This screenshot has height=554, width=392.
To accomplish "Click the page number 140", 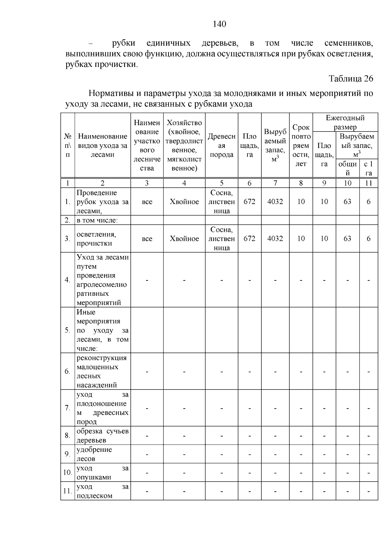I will (x=219, y=24).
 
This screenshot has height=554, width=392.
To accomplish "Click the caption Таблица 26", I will (x=351, y=79).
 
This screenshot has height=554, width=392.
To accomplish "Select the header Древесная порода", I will (x=221, y=146).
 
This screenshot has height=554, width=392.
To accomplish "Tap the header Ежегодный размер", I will (x=345, y=122).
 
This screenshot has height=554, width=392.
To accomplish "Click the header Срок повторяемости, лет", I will (x=301, y=146).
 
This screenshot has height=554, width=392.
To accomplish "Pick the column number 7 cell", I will (x=275, y=183).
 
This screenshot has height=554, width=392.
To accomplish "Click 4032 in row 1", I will (x=275, y=202).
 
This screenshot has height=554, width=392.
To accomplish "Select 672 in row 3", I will (x=249, y=239).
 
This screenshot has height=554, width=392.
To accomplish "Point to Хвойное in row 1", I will (x=184, y=202).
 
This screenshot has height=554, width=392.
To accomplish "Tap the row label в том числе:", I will (x=97, y=220).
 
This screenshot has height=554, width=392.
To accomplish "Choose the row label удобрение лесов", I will (x=94, y=454).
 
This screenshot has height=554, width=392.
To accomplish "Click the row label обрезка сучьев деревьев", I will (x=103, y=435).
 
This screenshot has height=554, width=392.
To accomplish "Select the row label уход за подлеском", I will (x=103, y=491).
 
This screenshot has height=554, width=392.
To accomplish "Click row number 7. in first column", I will (x=68, y=408).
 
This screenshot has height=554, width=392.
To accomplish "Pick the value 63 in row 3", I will (x=347, y=239).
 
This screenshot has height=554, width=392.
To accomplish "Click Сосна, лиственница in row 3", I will (x=221, y=239).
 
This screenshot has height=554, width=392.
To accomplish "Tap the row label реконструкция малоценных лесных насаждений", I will (x=102, y=371).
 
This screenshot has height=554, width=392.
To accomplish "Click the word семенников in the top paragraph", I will (x=348, y=43).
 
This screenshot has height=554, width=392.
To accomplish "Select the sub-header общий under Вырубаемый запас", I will (x=347, y=168).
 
